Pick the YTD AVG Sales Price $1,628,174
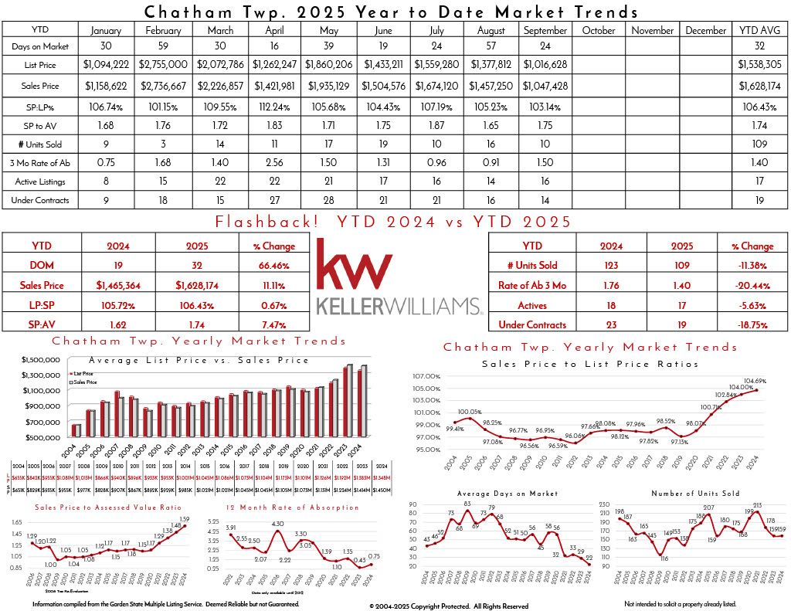[x=759, y=87]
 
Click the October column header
[x=599, y=31]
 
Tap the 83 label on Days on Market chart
[x=467, y=504]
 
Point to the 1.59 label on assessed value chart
[x=184, y=518]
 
